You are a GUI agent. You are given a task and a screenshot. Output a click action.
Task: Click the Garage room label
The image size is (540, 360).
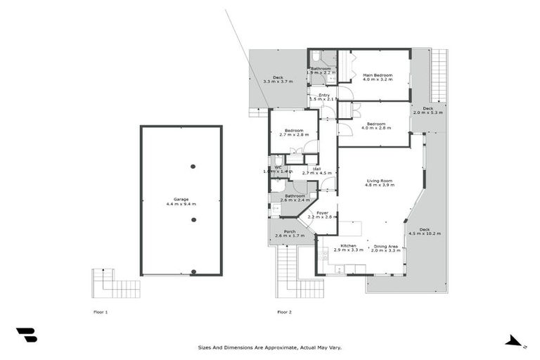point(181,201)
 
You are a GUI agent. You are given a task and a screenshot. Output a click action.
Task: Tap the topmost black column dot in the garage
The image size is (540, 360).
point(193,167)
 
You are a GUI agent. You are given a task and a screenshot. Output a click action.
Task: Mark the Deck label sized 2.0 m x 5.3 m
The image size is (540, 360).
point(427,110)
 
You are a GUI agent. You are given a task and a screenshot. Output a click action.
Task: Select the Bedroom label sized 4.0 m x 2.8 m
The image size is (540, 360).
point(375,126)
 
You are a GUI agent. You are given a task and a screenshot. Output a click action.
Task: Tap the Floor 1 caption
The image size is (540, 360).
point(101,311)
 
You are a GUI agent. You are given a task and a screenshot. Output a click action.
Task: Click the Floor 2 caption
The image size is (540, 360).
point(284,311)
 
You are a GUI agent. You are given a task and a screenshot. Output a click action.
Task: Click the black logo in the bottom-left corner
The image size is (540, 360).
point(26,335)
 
